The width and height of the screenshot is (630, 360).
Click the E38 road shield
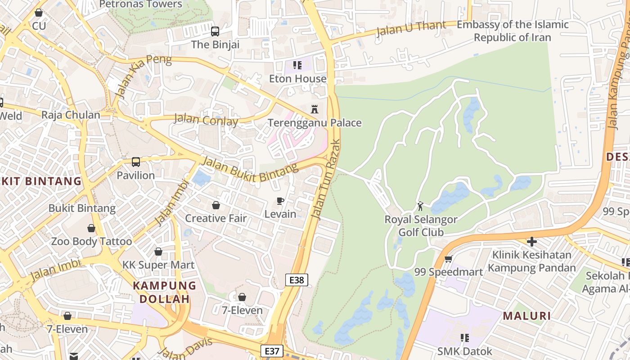point(297,280)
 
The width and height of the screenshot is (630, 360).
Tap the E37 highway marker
point(272,351)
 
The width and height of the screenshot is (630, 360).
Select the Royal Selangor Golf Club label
point(421,226)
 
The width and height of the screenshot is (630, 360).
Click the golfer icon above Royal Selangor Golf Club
point(420,206)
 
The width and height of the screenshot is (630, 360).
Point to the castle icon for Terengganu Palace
point(315,109)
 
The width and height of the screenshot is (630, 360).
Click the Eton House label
point(297,79)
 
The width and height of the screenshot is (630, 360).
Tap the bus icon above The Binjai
point(215,31)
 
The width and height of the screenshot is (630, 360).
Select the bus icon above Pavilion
point(135,162)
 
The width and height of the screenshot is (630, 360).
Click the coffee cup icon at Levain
point(280,201)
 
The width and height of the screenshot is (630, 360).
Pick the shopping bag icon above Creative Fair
point(216,205)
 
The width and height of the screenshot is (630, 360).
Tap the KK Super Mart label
point(158,265)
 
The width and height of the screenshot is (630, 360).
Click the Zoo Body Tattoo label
point(91,241)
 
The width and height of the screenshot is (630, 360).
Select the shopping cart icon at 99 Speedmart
point(448,259)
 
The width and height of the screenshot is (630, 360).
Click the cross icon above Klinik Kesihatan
point(531,242)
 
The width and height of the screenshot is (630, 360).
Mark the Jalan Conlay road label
point(206,120)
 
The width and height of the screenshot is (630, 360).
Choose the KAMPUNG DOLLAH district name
point(164,292)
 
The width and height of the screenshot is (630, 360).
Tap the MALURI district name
point(527,316)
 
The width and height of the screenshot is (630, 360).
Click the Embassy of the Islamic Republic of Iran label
point(513,31)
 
